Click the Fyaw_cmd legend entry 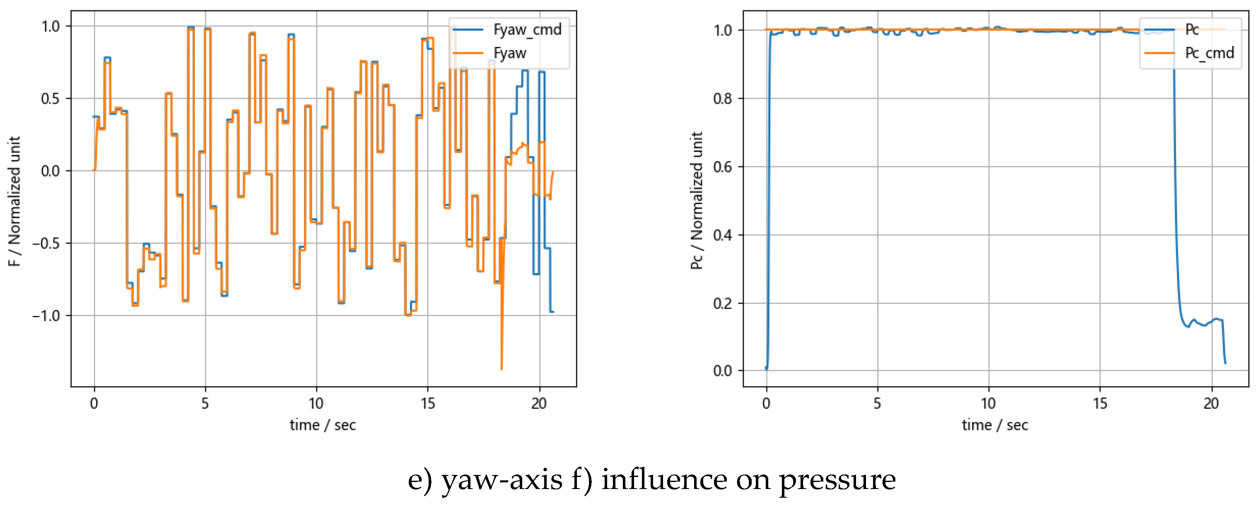tap(527, 30)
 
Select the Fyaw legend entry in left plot tap(509, 53)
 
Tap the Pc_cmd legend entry tap(1209, 53)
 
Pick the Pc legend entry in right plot tap(1191, 30)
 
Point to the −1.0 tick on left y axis tap(46, 316)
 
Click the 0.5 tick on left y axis tap(51, 99)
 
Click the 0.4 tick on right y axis tap(722, 235)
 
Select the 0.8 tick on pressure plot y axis tap(722, 99)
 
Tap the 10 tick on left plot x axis tap(316, 404)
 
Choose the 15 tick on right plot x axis tap(1100, 404)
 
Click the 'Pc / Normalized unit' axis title tap(697, 200)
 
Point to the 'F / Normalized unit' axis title tap(14, 201)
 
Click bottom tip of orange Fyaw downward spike tap(502, 369)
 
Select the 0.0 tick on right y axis tap(722, 371)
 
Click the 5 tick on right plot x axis tap(877, 404)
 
